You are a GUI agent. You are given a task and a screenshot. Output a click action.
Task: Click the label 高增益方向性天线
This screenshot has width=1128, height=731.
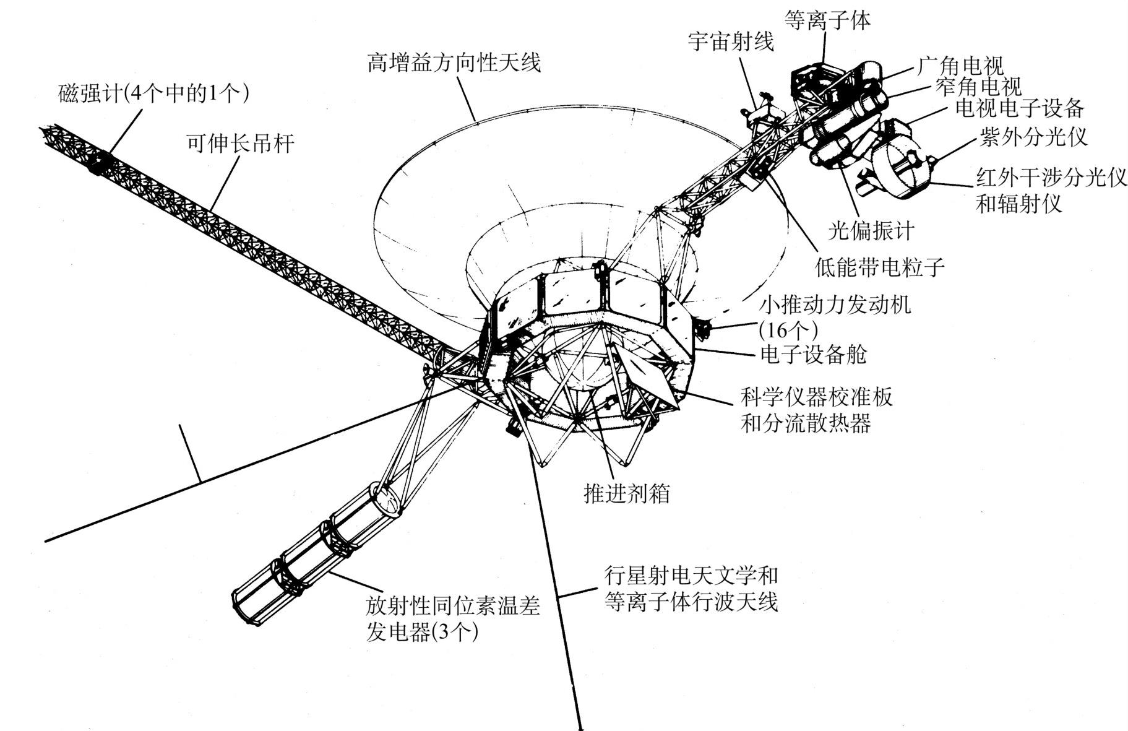tap(454, 63)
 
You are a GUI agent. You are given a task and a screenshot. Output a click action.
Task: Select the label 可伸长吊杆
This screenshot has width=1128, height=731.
tap(240, 144)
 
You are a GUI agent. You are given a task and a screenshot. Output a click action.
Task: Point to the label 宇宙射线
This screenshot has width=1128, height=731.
tap(731, 42)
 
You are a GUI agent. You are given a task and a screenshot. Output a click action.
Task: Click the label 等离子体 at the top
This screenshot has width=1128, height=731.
tap(827, 20)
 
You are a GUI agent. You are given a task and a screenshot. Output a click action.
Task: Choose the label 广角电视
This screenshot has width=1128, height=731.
tap(960, 66)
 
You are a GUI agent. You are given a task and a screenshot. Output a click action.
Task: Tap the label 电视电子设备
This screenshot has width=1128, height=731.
tap(1020, 108)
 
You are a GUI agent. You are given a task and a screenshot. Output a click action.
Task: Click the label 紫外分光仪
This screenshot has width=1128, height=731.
tap(1033, 137)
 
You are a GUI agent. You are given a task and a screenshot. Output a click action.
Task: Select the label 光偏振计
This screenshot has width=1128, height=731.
tap(871, 231)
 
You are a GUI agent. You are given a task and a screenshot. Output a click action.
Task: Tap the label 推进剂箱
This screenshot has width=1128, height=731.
tap(627, 493)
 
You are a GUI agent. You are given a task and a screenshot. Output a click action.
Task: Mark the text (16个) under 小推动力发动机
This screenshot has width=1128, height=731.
tap(788, 327)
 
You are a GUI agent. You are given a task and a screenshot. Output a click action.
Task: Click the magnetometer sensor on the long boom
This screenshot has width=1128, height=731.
tap(98, 162)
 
